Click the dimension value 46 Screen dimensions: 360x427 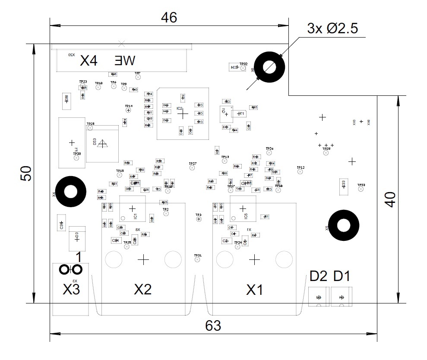coord(169,17)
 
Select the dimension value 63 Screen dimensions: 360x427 coord(213,326)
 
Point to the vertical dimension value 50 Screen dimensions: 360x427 coord(26,174)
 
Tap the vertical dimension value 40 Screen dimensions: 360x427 coord(390,199)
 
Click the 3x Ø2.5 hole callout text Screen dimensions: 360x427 coord(332,29)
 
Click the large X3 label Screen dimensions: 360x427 coord(71,290)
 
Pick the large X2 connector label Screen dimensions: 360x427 coord(143,290)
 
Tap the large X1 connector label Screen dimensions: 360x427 coord(254,290)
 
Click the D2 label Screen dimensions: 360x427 coord(318,276)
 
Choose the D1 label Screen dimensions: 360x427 coord(342,276)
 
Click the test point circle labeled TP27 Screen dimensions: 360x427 coord(192,168)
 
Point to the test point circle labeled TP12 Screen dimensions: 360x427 coord(300,171)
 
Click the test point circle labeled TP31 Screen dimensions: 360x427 coord(198,259)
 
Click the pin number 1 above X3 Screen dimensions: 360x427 coord(78,257)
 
